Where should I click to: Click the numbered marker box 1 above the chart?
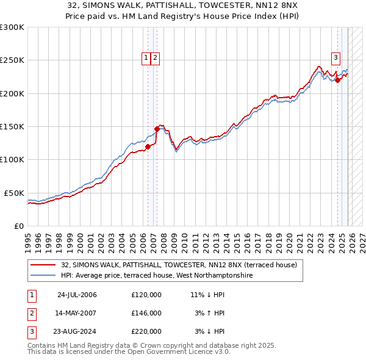click(x=146, y=58)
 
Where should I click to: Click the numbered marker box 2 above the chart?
click(x=156, y=58)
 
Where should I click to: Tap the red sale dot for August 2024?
click(x=337, y=80)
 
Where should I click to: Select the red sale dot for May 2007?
click(x=157, y=129)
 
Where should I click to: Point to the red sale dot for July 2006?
click(x=148, y=146)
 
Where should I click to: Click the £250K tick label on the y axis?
click(x=12, y=60)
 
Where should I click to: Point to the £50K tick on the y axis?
click(x=14, y=193)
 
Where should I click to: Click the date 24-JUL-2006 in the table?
click(x=77, y=295)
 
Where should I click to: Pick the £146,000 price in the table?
click(x=146, y=313)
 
